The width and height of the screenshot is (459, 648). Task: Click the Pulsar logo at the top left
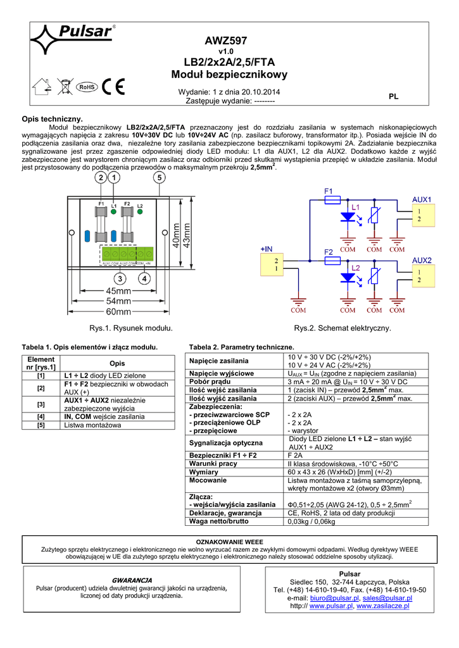click(72, 39)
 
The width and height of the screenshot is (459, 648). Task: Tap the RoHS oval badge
click(86, 86)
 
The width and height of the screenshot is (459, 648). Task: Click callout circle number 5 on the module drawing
click(158, 179)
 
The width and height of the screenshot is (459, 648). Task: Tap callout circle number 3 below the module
click(120, 278)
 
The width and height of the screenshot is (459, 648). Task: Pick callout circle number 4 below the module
click(145, 278)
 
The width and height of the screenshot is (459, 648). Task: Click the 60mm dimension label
click(119, 311)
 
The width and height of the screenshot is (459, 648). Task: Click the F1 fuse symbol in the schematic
click(332, 199)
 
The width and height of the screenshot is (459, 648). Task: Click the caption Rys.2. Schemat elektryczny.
click(343, 328)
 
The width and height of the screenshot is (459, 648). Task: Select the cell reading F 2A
click(296, 455)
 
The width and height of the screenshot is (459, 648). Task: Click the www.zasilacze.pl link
click(383, 606)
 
